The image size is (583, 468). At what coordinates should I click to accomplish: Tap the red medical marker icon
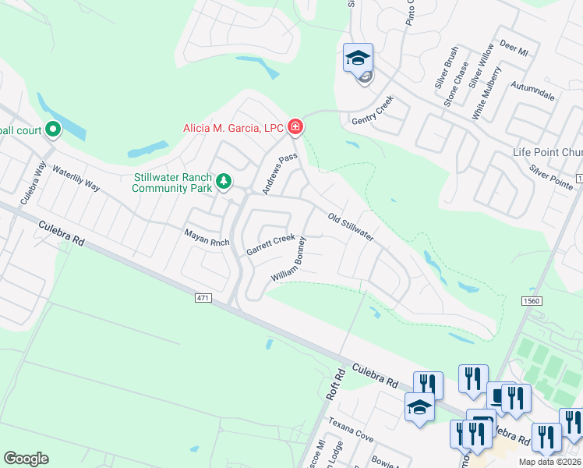point(295,126)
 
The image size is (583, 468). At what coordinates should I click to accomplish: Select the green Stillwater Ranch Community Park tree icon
point(224,181)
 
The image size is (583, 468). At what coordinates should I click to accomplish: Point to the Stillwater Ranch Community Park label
point(171,183)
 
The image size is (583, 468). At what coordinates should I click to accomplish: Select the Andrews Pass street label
point(281,173)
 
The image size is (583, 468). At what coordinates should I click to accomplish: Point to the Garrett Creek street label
point(270,245)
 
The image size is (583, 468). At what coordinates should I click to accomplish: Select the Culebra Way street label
point(34,182)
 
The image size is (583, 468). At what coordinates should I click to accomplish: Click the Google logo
point(26,459)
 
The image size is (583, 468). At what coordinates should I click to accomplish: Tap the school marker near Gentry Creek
point(359,59)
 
